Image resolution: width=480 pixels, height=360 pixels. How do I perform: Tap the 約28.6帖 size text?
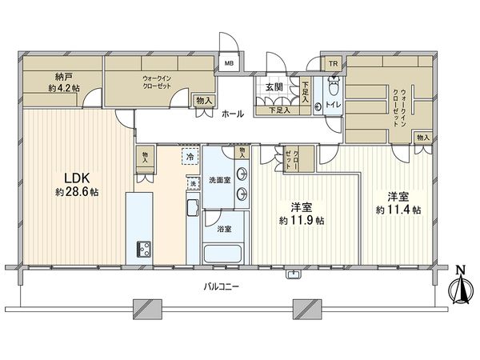[x=72, y=193]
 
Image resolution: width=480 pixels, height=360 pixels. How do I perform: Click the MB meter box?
[x=228, y=63]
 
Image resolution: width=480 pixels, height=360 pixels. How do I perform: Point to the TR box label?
[x=330, y=63]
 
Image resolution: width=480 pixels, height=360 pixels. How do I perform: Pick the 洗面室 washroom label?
[x=219, y=179]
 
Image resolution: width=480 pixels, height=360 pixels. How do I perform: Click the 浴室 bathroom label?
[x=224, y=228]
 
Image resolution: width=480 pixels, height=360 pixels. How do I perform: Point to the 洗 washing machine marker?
[x=193, y=185]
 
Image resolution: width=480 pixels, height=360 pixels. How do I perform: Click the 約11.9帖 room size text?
[x=301, y=220]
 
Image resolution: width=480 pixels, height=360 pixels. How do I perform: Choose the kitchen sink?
[x=193, y=210]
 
